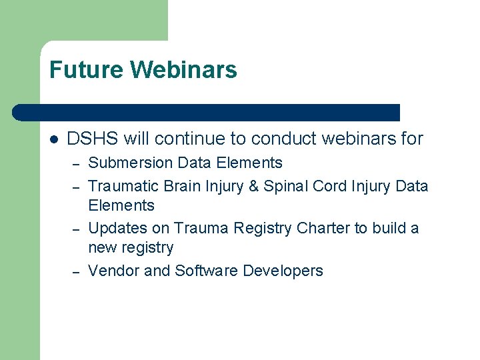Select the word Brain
(186, 186)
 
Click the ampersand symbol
(253, 186)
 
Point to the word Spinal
(285, 186)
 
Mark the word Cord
(328, 186)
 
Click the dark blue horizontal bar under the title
(207, 112)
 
